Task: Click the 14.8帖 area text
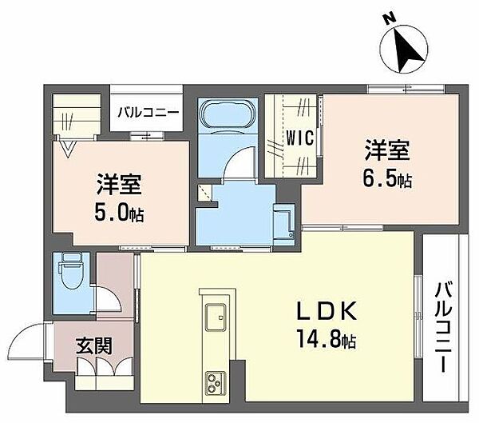[x=323, y=341]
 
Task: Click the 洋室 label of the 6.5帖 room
[x=388, y=150]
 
